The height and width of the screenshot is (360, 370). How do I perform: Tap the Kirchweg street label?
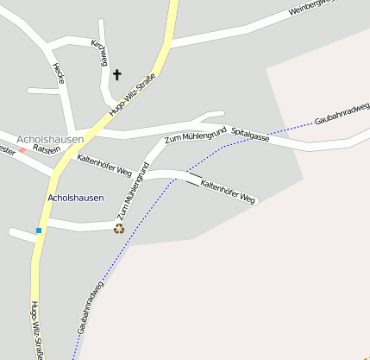coord(97,54)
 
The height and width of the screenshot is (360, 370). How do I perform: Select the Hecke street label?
coord(58,73)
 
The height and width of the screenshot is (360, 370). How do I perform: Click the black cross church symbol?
coord(116,75)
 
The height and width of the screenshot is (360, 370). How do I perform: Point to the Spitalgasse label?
coord(250,135)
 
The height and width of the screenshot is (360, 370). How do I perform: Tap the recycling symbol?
coord(119,228)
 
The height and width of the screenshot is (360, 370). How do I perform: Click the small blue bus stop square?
coord(39,231)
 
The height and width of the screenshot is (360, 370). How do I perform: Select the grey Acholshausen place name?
coord(50,139)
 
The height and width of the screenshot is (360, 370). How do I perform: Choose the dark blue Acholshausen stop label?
coord(76,198)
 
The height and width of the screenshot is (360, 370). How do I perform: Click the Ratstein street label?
coord(46,149)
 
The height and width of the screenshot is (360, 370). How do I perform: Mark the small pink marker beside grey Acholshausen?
coord(22,150)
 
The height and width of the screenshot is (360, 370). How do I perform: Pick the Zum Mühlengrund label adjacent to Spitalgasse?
coord(195,135)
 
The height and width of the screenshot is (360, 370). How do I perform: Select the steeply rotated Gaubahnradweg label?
coord(90,306)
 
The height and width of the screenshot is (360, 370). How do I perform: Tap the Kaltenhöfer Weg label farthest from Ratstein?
coord(229,191)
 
